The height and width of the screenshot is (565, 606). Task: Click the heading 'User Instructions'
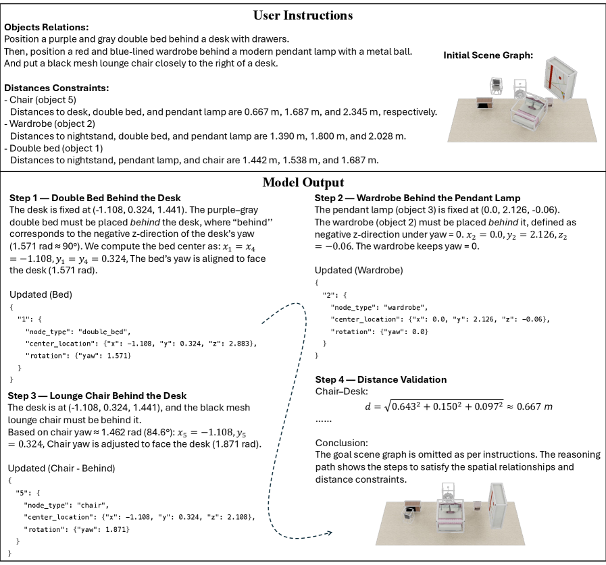(303, 14)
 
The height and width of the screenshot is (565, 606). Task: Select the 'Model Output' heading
(303, 182)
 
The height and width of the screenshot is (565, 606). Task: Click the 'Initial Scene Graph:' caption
(488, 55)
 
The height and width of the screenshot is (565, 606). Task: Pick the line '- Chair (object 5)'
(41, 100)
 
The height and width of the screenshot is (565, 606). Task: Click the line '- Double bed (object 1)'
(53, 148)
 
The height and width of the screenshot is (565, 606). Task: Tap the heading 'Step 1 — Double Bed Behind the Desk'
(95, 198)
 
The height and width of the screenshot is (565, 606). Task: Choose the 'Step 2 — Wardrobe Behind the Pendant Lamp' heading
(417, 198)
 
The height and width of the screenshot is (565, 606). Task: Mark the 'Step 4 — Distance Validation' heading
(381, 379)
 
